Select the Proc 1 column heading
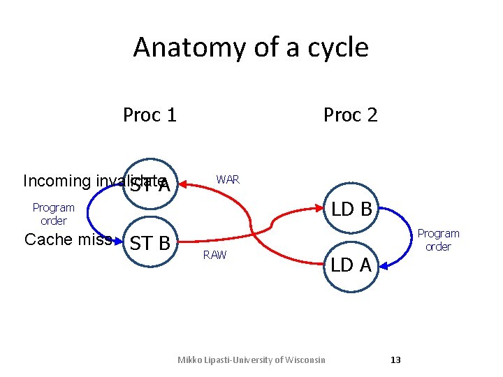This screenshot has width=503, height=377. point(150,114)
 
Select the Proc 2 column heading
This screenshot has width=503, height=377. point(350,114)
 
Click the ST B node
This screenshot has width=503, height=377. point(150,244)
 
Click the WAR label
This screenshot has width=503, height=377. point(228,179)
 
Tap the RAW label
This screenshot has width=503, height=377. point(214,255)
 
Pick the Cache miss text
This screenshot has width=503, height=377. point(68,239)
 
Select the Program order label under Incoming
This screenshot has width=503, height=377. point(54,214)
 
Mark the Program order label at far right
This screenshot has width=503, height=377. point(438,239)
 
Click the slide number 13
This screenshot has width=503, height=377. point(395,360)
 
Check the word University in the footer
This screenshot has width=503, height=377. point(248,360)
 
